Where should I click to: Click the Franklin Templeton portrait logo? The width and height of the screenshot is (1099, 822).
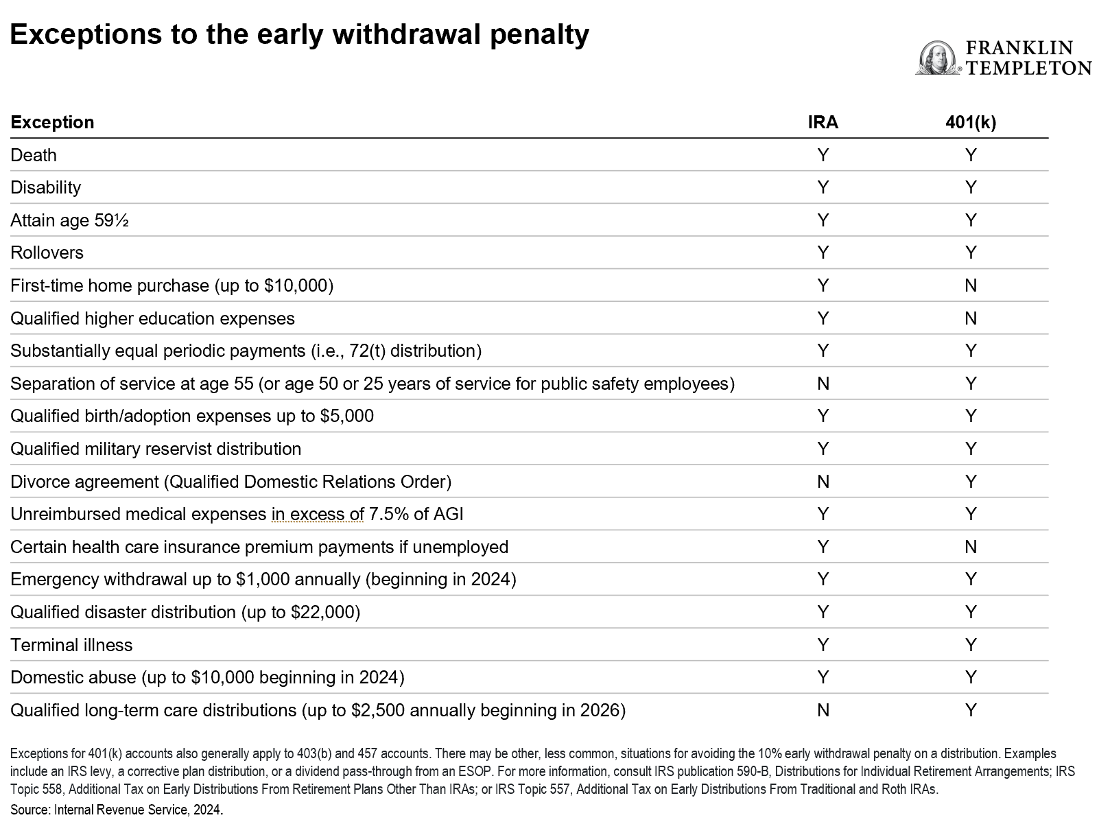click(x=938, y=58)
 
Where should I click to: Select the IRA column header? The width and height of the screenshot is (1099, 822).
click(x=823, y=122)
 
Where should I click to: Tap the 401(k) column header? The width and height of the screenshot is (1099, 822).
click(x=970, y=122)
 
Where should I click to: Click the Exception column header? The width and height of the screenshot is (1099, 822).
click(x=52, y=122)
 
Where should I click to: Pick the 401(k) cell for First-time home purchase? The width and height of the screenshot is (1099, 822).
click(x=970, y=285)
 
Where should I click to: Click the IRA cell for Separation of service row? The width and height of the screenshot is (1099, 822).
click(x=823, y=384)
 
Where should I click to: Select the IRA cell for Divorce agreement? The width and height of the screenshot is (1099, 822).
click(x=823, y=482)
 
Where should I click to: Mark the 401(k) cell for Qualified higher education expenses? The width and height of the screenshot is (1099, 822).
click(x=970, y=318)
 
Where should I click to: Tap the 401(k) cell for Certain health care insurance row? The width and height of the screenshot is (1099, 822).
click(x=970, y=547)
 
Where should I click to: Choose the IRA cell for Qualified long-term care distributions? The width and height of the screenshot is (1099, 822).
click(x=823, y=710)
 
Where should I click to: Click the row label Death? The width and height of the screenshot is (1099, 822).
click(x=34, y=155)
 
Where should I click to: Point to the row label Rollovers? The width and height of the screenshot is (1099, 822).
click(x=47, y=253)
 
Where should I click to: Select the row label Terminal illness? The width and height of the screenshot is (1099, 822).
click(x=71, y=645)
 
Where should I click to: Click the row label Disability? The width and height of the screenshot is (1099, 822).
click(x=45, y=187)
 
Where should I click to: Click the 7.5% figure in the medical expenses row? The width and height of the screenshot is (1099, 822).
click(x=388, y=514)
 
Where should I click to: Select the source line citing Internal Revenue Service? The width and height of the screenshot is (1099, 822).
click(x=117, y=810)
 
